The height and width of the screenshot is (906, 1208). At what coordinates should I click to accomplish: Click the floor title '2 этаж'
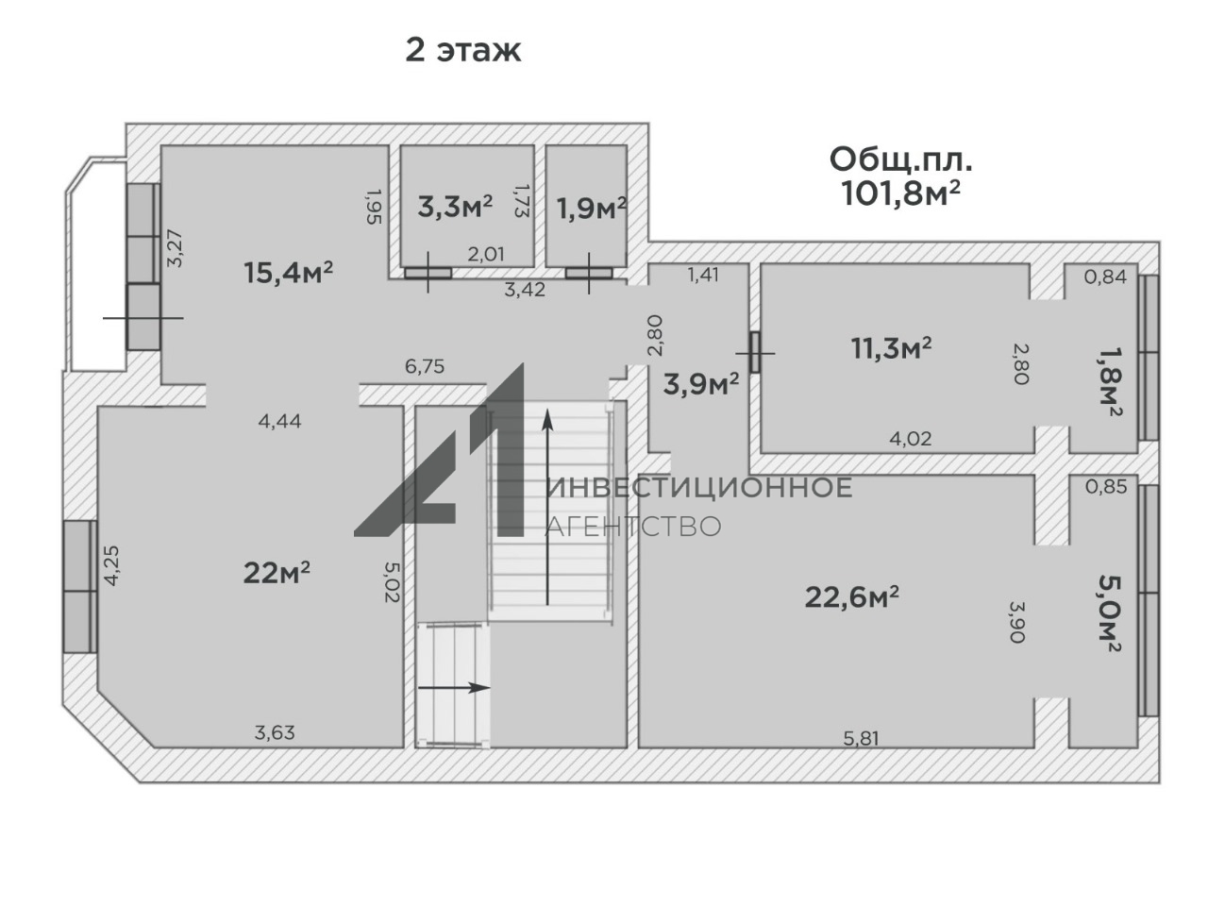point(462,51)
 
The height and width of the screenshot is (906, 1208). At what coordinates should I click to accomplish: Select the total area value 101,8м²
point(901,193)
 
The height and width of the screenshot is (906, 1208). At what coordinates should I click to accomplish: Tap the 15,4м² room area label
point(289,273)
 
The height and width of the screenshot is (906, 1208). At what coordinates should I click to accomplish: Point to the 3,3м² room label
point(455,207)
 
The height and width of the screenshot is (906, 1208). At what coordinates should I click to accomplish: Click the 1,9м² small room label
point(591,209)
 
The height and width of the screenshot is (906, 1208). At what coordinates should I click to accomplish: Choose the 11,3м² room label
point(891,347)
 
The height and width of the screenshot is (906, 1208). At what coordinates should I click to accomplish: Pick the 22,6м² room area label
point(852,596)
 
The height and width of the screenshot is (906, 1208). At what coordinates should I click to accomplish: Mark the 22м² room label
point(277,573)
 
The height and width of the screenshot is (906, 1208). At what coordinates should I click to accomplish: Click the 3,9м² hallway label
point(701,384)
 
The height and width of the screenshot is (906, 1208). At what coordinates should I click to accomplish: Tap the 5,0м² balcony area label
point(1110,613)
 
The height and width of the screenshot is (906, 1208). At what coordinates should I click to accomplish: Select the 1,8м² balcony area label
point(1110,380)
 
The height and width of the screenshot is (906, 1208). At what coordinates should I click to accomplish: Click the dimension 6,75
point(425,366)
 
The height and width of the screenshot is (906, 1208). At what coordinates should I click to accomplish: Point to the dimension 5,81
point(862,738)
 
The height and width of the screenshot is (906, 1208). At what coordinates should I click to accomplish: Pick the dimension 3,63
point(275,732)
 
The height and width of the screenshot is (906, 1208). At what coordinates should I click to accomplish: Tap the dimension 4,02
point(911,439)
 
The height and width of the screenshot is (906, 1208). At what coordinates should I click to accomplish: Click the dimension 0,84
point(1105,277)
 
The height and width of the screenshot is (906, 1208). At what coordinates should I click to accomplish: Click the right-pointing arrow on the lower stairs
point(454,688)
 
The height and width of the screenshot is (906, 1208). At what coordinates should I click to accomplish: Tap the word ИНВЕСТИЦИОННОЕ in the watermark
point(699,488)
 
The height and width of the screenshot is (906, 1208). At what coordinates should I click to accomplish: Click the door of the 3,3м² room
point(428,273)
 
